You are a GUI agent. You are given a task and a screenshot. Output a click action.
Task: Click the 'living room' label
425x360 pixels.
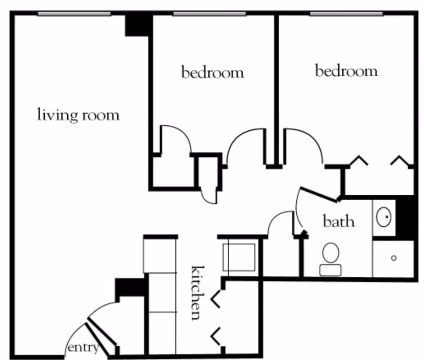pyautogui.click(x=78, y=115)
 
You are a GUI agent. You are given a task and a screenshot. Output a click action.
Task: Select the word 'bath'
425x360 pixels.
pyautogui.click(x=339, y=221)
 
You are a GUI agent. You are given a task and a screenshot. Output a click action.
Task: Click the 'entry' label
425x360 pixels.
pyautogui.click(x=83, y=348)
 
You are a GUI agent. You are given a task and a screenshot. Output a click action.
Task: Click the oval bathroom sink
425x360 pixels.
pyautogui.click(x=383, y=217)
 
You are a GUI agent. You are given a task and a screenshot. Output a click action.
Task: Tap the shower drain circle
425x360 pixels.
pyautogui.click(x=394, y=258)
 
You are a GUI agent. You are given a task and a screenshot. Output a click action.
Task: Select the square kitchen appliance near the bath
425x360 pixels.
pyautogui.click(x=239, y=257)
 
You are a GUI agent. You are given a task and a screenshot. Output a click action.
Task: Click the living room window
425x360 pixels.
pyautogui.click(x=74, y=14)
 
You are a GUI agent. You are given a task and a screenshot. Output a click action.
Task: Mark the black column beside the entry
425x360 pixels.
pyautogui.click(x=129, y=288)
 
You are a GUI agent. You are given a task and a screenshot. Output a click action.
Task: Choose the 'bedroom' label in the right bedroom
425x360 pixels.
pyautogui.click(x=346, y=71)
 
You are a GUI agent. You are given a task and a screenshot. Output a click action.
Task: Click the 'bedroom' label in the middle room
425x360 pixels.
pyautogui.click(x=212, y=72)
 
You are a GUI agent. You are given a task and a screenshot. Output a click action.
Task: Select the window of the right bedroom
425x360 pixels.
pyautogui.click(x=346, y=14)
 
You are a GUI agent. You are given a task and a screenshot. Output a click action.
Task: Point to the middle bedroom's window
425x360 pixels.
pyautogui.click(x=209, y=14)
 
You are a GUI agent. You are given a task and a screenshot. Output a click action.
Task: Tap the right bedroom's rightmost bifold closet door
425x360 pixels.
pyautogui.click(x=401, y=160)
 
